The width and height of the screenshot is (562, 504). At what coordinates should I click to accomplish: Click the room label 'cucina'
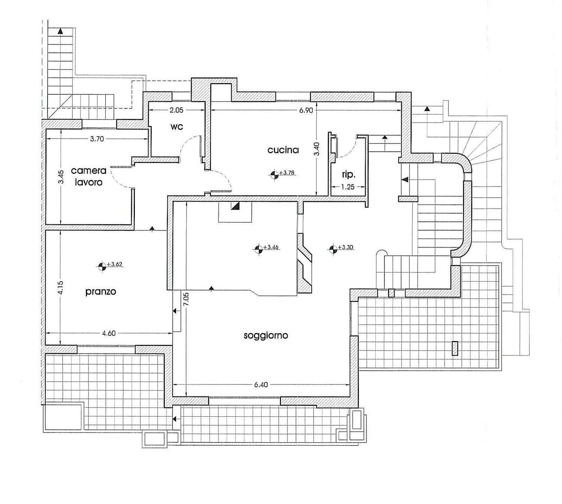pos(283,150)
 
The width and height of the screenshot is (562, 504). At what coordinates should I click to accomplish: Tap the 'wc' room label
pos(176,127)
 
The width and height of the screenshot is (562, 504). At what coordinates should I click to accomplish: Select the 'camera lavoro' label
pos(88,176)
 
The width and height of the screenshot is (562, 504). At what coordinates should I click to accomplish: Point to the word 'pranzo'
pos(100,291)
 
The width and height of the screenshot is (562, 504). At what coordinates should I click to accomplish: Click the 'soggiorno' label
pos(266,335)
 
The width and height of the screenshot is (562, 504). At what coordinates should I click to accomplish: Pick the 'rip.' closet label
pos(348,174)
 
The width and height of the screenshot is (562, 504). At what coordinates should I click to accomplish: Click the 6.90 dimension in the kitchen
pos(306,110)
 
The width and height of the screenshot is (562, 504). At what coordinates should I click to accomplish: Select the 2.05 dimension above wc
pos(176,110)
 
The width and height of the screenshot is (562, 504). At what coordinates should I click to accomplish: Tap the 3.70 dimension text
pos(97,139)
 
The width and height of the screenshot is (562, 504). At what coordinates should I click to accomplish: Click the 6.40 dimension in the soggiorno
pos(261,385)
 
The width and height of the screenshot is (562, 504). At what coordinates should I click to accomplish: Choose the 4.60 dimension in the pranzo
pos(109,333)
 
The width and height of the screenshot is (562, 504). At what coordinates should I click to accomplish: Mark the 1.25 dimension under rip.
pos(348,186)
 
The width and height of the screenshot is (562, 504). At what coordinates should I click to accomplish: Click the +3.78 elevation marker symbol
pos(275,174)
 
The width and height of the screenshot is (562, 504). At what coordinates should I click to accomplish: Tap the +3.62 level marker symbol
pos(102,266)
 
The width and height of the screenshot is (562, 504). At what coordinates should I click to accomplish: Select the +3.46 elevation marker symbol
pos(258,249)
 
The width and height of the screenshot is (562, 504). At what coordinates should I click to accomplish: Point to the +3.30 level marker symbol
pos(333,249)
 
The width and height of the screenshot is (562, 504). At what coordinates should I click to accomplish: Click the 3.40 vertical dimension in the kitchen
pos(317,149)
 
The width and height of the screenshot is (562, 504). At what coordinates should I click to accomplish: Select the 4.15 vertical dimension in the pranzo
pos(61,288)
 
